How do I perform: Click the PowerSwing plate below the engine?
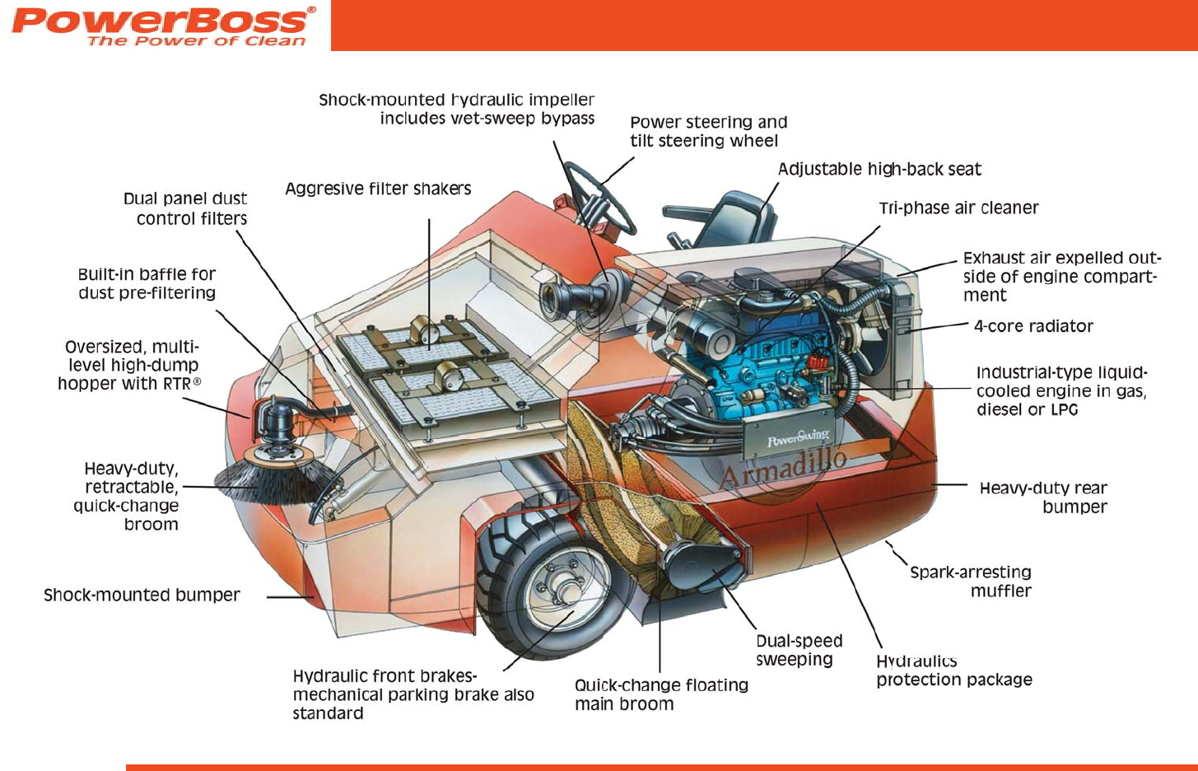797,437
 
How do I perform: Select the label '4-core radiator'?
1033,326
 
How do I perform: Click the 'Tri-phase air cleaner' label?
958,208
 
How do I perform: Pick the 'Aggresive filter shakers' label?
378,189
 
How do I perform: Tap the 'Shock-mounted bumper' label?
142,595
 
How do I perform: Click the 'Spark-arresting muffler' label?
972,582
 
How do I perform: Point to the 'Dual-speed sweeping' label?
798,650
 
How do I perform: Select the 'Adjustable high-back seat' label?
879,169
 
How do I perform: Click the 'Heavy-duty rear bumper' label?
1044,498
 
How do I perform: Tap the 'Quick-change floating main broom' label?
661,694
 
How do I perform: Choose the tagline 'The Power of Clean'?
196,40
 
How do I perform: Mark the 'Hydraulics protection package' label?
953,671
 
